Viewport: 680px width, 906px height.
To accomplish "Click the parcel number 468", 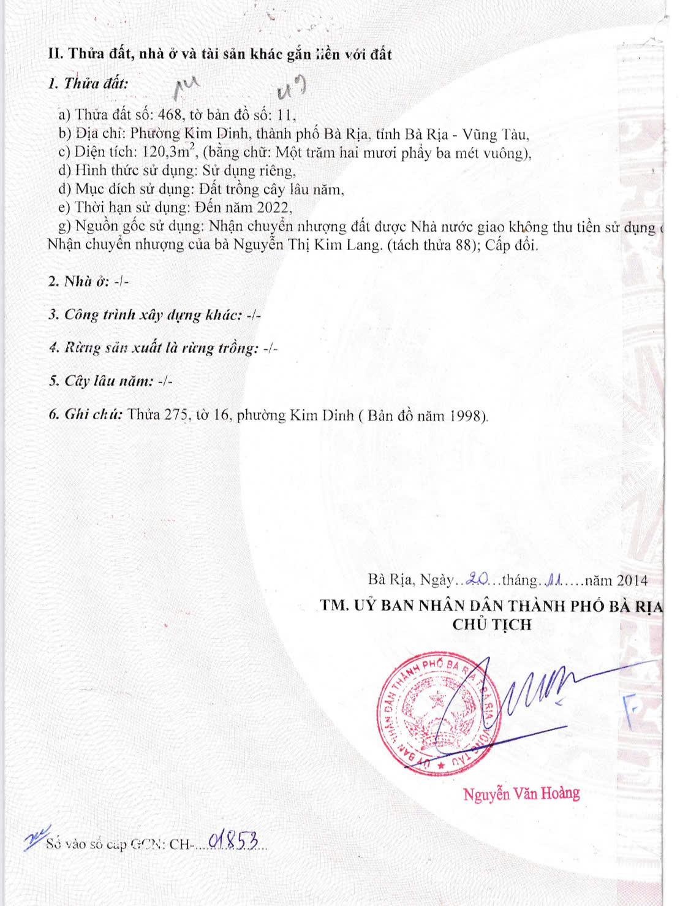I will [168, 115].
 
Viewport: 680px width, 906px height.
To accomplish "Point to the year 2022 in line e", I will [273, 207].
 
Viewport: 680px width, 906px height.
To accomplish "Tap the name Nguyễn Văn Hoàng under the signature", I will [521, 794].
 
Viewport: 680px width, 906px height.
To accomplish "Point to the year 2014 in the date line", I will [632, 580].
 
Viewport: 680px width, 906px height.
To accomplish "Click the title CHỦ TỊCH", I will [492, 625].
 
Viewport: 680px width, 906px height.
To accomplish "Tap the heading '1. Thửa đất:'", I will [88, 84].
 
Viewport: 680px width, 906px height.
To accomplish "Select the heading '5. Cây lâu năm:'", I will [100, 381].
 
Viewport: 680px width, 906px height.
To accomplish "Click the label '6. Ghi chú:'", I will [85, 414].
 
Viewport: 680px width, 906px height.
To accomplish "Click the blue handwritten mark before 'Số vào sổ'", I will [33, 839].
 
